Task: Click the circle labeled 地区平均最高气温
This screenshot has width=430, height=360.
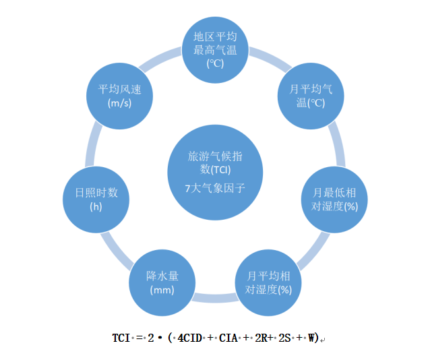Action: point(215,49)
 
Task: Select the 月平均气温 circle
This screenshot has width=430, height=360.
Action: point(311,96)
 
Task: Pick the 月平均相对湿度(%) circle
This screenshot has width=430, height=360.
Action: point(268,282)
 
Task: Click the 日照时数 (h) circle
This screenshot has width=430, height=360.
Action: point(96,200)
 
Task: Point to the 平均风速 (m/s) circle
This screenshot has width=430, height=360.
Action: point(119,96)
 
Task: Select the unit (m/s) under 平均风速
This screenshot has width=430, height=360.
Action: point(119,104)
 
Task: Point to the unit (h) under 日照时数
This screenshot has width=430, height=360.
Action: point(96,207)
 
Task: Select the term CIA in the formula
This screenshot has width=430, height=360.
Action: point(228,338)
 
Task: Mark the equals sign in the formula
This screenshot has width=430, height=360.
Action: point(141,338)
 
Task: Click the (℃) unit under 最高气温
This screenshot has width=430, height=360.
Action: point(215,64)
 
